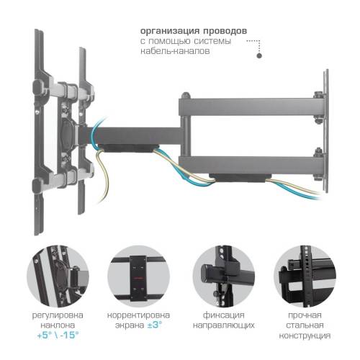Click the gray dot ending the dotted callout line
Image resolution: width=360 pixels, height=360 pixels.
click(261, 55)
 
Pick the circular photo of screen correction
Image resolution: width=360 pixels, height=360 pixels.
click(138, 276)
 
